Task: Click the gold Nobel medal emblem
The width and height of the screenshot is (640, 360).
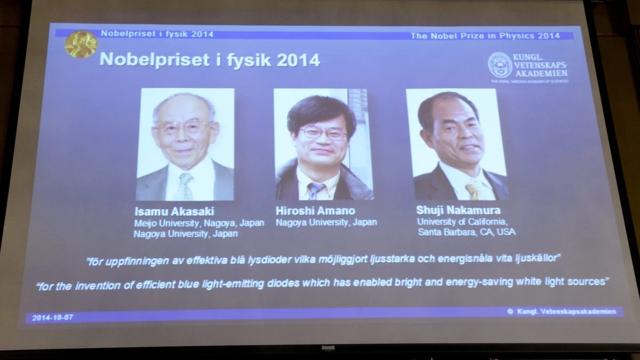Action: pos(81,44)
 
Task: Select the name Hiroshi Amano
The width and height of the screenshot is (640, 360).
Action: pos(315,211)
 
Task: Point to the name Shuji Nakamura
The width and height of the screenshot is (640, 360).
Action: pos(458,210)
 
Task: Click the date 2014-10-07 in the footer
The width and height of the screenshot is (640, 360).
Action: pos(52,317)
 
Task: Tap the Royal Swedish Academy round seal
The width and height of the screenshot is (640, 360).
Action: pos(500,65)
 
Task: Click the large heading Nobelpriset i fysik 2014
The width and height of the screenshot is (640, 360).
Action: pos(210,60)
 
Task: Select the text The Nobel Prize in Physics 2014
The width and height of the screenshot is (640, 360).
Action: pos(485,36)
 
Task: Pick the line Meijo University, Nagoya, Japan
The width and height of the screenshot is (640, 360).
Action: pos(198,223)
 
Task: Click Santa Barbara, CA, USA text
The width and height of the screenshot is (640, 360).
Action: pos(467,232)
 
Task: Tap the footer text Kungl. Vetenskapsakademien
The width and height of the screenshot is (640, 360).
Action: pos(566,311)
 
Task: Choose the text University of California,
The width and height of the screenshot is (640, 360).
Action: pos(462,221)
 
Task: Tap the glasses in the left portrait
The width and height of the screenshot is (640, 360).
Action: pos(182,127)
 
